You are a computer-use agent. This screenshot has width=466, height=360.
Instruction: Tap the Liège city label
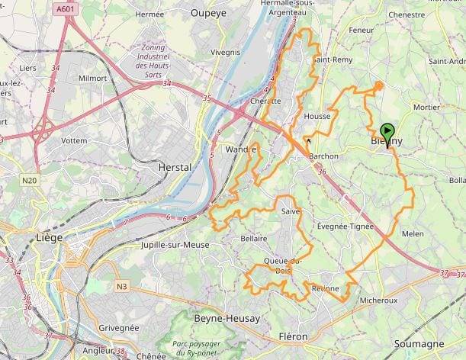[x=50, y=237]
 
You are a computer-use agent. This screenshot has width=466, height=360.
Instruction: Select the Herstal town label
[x=173, y=166]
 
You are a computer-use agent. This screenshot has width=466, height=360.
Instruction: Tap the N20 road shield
[x=30, y=180]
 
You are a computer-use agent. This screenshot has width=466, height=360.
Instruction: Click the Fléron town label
[x=294, y=336]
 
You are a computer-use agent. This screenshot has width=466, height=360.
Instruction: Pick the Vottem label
[x=74, y=141]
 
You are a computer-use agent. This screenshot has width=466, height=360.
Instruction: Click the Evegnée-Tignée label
[x=345, y=226]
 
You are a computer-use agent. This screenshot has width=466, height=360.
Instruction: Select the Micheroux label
[x=378, y=300]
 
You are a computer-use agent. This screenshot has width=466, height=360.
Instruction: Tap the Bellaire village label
[x=253, y=239]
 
